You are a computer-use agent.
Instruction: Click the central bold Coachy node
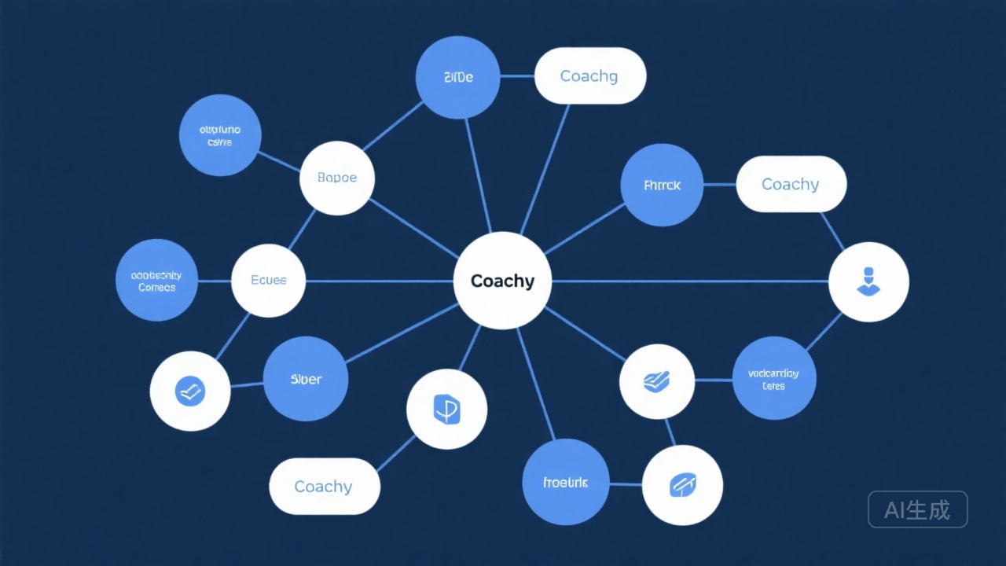503,281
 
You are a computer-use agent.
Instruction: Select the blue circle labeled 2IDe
457,77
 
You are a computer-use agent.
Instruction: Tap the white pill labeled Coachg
589,76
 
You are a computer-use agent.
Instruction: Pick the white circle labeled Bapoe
337,178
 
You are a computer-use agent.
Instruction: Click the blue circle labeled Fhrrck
662,186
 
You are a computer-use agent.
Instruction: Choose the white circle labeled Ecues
269,281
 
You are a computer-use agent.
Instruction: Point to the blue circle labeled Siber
306,379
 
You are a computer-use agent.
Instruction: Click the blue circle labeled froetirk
565,482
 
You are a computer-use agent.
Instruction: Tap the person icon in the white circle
868,281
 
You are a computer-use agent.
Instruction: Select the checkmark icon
190,391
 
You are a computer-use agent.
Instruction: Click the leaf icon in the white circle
682,485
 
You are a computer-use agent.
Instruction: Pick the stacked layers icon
656,381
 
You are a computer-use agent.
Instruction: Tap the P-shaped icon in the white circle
446,409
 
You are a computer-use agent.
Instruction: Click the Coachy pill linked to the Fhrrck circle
791,184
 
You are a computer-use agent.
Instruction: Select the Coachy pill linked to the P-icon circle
324,487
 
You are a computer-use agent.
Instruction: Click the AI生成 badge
917,509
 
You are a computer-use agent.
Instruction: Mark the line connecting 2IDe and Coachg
517,76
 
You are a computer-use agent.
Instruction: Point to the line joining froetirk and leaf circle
626,484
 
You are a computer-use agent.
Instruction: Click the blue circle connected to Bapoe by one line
220,135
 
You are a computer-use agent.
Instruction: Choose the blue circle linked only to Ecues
157,281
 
